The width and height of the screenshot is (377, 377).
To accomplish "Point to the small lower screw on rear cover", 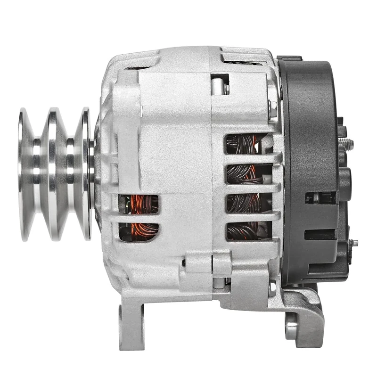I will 352,243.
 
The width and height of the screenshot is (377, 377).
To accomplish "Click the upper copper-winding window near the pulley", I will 139,204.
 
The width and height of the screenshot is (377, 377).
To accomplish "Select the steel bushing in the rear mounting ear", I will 292,325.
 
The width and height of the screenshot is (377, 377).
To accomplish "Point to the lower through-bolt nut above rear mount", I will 272,288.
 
